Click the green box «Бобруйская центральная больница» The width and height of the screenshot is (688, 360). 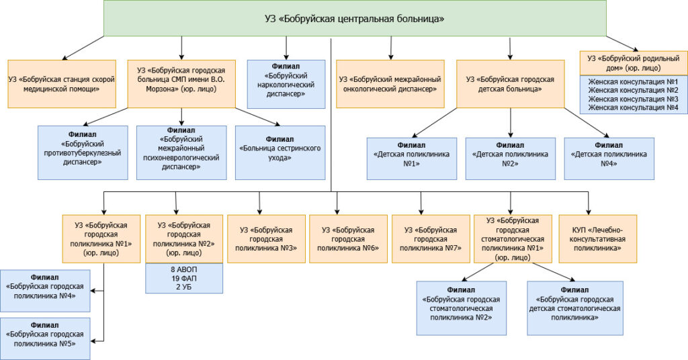click(355, 18)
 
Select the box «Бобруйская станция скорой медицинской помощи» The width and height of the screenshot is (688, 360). click(61, 83)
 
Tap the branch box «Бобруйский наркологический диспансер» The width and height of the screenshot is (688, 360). click(286, 83)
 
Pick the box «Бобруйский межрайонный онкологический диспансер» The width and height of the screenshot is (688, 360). click(390, 83)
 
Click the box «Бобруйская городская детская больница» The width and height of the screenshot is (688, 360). click(510, 83)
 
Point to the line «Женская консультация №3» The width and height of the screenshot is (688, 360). click(632, 99)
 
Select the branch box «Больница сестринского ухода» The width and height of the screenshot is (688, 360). click(280, 152)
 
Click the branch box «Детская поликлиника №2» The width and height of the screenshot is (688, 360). click(511, 159)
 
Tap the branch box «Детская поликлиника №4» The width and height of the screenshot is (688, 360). click(609, 159)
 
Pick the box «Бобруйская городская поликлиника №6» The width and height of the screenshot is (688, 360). click(348, 238)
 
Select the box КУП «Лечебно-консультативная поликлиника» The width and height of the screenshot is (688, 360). click(589, 238)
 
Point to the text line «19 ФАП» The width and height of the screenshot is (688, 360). click(184, 277)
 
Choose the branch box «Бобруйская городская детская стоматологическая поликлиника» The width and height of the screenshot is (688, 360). click(574, 308)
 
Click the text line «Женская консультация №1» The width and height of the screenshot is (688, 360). click(632, 82)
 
